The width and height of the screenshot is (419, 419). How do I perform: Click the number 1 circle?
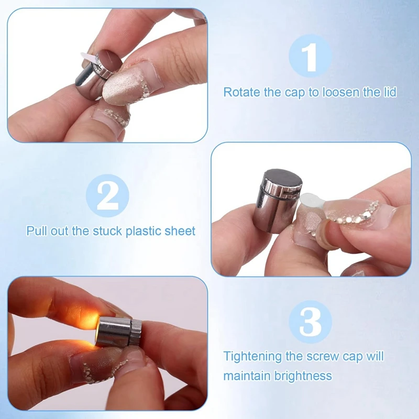point(310,56)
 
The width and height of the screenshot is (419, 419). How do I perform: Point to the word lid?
point(388,92)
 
